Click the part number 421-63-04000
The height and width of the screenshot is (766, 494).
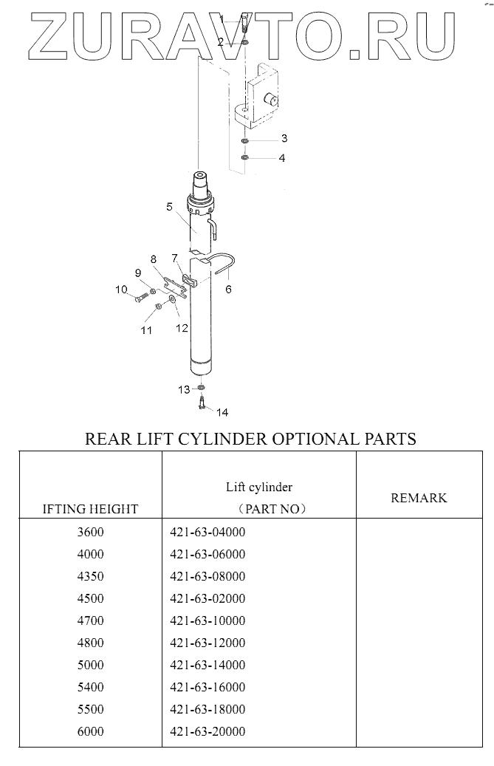click(x=207, y=532)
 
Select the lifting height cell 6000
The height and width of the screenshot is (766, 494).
click(x=91, y=731)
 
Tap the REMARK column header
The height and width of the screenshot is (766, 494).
click(x=419, y=498)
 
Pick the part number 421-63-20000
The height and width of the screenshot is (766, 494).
click(x=207, y=731)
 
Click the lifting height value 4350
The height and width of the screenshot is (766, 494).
click(x=91, y=576)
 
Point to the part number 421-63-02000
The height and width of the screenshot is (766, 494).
click(x=207, y=598)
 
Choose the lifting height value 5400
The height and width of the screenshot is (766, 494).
click(x=91, y=687)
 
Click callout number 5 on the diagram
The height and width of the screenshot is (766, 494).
click(x=169, y=207)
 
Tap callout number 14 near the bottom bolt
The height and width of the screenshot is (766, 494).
click(x=222, y=411)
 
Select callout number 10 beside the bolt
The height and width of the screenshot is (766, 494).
click(x=121, y=290)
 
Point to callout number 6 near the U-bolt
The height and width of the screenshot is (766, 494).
click(x=228, y=289)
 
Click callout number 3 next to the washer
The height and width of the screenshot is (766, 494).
click(x=284, y=138)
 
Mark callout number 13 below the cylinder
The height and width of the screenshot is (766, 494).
click(x=183, y=389)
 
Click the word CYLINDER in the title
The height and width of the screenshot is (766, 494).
click(x=224, y=439)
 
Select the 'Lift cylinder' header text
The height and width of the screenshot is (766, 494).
click(x=259, y=487)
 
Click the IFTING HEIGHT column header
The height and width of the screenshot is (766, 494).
click(x=91, y=509)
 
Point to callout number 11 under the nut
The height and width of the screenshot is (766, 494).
click(x=146, y=330)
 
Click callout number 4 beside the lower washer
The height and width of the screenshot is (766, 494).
click(x=281, y=158)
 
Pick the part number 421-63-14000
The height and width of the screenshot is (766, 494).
click(x=207, y=665)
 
